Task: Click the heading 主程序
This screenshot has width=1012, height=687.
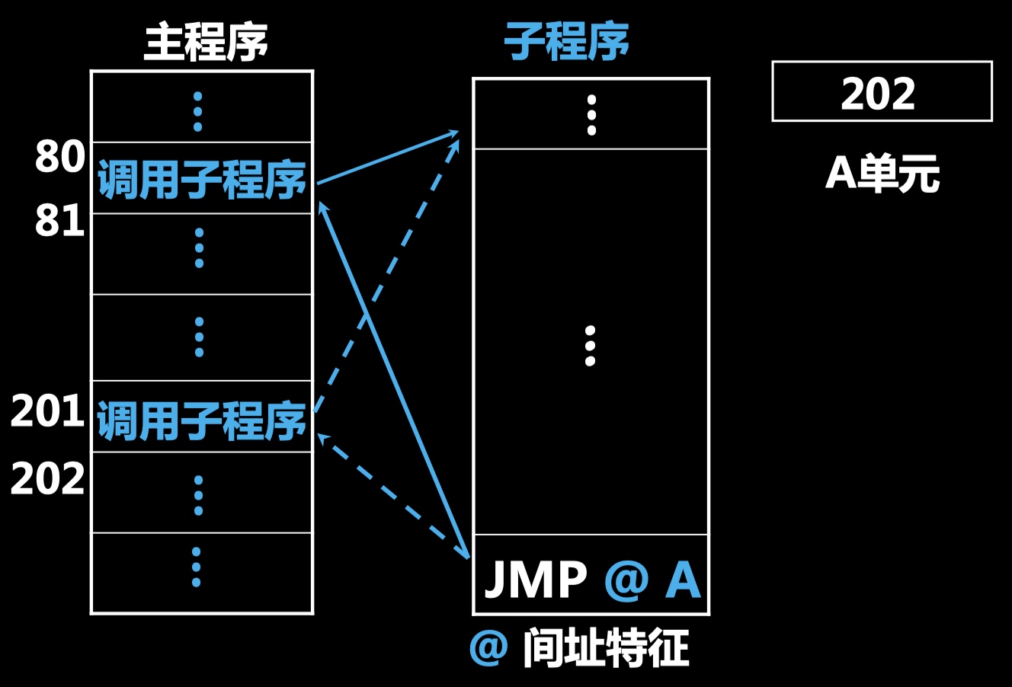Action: pyautogui.click(x=206, y=42)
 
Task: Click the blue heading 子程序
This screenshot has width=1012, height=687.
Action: pyautogui.click(x=566, y=42)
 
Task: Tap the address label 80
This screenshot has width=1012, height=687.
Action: pyautogui.click(x=59, y=157)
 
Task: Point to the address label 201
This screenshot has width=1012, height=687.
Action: pyautogui.click(x=47, y=412)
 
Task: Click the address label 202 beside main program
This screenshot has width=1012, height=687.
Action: pyautogui.click(x=47, y=480)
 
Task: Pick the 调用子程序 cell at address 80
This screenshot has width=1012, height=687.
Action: pyautogui.click(x=202, y=180)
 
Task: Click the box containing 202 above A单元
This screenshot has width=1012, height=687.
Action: pyautogui.click(x=882, y=92)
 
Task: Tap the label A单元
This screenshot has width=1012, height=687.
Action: pyautogui.click(x=882, y=174)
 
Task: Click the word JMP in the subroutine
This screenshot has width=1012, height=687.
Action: pyautogui.click(x=536, y=581)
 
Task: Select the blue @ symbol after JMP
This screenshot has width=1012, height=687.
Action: pyautogui.click(x=626, y=581)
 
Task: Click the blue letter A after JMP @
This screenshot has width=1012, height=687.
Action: pyautogui.click(x=682, y=581)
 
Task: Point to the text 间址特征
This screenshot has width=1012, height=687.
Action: pyautogui.click(x=607, y=648)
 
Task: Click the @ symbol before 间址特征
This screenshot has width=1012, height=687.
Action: pyautogui.click(x=488, y=648)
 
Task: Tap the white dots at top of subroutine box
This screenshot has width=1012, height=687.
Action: pyautogui.click(x=591, y=114)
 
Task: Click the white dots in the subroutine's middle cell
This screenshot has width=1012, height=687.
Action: pyautogui.click(x=590, y=346)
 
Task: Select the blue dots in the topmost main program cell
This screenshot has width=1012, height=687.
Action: pyautogui.click(x=197, y=111)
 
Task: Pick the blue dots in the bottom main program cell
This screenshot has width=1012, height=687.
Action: pyautogui.click(x=197, y=567)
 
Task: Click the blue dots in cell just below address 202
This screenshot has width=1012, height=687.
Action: pyautogui.click(x=198, y=495)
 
